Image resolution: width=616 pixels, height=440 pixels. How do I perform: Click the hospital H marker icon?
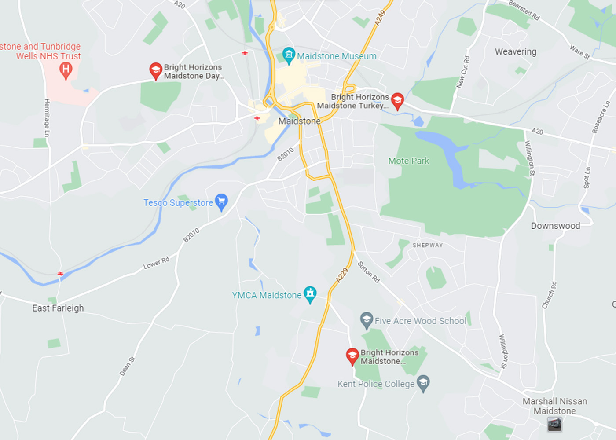coord(66,70)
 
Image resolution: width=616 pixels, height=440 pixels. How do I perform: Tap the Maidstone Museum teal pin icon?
coord(289,55)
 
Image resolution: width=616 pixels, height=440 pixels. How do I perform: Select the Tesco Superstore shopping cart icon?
coord(221,202)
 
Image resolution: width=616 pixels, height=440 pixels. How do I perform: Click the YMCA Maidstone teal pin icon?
coord(310,294)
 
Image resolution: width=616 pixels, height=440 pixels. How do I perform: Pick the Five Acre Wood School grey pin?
coord(366,320)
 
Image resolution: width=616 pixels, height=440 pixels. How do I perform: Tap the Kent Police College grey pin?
coord(423,383)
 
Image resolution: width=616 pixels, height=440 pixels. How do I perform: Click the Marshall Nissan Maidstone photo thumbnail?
coord(554,424)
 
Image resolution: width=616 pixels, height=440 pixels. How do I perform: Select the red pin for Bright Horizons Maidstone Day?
coord(155,70)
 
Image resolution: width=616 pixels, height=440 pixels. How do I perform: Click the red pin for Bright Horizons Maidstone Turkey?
coord(397,101)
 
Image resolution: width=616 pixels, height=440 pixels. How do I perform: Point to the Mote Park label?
coord(408,161)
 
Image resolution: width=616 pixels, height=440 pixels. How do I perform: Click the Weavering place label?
coord(516,52)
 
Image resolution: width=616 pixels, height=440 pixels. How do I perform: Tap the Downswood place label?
coord(555,226)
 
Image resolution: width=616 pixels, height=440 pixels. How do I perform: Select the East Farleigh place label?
coord(58,308)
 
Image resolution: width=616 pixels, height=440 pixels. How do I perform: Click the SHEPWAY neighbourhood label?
coord(428,245)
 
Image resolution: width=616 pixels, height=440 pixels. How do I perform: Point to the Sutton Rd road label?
coord(368,272)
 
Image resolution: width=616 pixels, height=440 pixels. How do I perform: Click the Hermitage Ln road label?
coord(47,117)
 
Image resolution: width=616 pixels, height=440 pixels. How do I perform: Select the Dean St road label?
coord(127,366)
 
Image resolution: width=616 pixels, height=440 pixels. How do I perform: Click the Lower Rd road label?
coord(156,263)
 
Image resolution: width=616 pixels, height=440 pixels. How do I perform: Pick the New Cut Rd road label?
coord(463,72)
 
